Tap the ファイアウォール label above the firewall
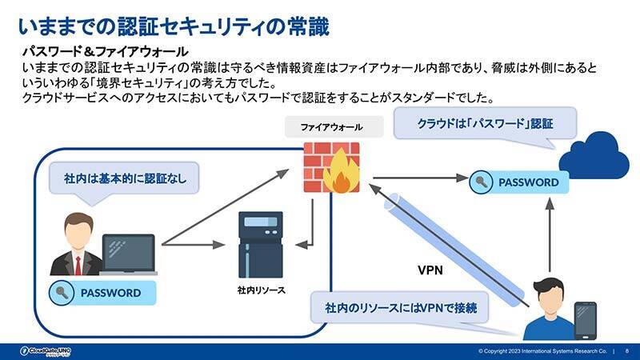(331, 128)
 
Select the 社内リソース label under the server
(261, 289)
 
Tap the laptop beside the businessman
(127, 254)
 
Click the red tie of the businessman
(78, 265)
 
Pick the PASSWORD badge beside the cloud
(519, 182)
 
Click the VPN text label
(430, 270)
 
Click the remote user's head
(551, 293)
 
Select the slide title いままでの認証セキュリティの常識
(173, 26)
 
